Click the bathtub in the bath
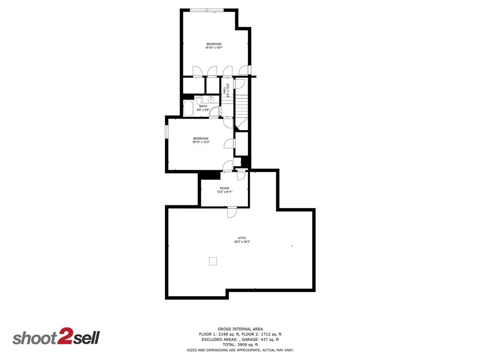(x=188, y=108)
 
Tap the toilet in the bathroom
(x=199, y=101)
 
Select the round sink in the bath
(x=211, y=99)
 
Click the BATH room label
(x=203, y=106)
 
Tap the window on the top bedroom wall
(x=207, y=9)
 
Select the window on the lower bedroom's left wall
(x=166, y=131)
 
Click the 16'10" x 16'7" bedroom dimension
(x=214, y=48)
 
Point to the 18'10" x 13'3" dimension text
(x=201, y=142)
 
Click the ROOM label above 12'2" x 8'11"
(x=225, y=188)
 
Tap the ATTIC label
(x=242, y=238)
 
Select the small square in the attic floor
(x=213, y=262)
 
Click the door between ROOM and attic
(x=232, y=212)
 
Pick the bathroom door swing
(x=215, y=112)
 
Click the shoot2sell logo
(x=56, y=337)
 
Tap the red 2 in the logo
(x=63, y=337)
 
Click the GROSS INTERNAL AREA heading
(x=240, y=329)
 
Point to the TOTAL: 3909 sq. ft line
(x=240, y=345)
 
